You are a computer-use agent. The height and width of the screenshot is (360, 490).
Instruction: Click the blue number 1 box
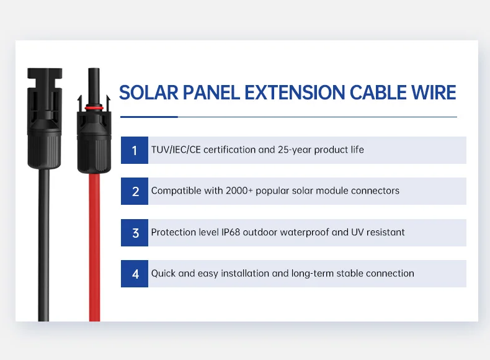point(135,150)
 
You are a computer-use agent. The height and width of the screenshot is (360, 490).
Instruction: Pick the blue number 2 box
point(135,191)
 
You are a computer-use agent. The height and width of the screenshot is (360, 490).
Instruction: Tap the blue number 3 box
point(135,233)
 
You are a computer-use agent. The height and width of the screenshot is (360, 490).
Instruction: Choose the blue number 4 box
point(135,274)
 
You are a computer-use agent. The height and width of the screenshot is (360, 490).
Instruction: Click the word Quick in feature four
point(163,274)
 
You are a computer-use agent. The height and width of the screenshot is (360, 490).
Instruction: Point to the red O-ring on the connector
point(94,107)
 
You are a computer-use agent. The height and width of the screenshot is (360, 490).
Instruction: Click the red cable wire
point(94,248)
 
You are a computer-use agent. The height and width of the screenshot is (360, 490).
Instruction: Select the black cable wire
point(43,248)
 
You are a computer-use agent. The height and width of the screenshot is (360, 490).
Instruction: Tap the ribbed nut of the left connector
point(43,149)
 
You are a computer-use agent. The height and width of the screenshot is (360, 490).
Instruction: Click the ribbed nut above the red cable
point(94,155)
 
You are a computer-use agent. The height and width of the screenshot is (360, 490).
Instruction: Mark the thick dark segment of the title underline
point(149,117)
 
